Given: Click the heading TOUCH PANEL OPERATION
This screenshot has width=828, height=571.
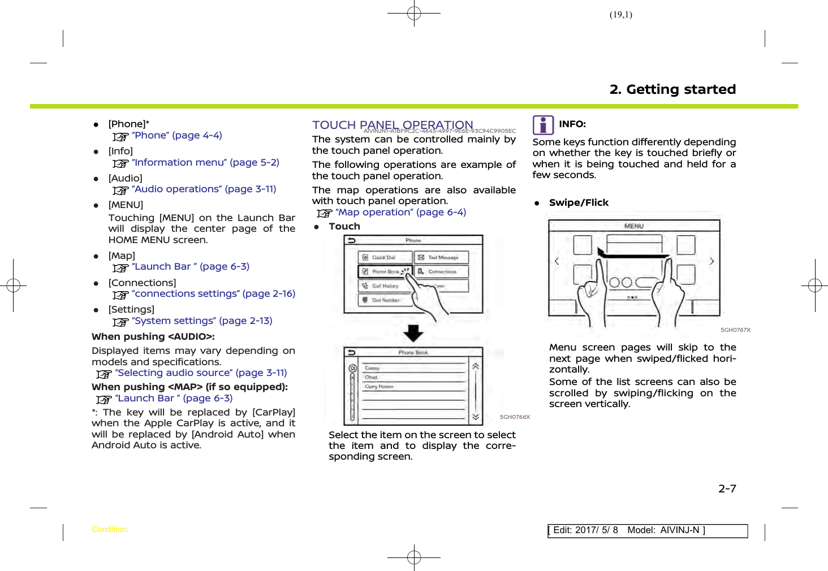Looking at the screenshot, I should (x=393, y=125).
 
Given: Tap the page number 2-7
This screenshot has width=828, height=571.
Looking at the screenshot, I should (x=727, y=488).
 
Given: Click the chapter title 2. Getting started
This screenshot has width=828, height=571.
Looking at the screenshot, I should (x=672, y=89).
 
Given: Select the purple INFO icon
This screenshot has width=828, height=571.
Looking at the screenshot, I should (x=543, y=125).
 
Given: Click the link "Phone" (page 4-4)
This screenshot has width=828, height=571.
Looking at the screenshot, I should (x=176, y=136).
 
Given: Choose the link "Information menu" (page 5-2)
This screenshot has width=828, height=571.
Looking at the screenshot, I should (x=205, y=163).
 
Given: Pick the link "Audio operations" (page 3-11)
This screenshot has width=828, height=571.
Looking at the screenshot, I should (x=204, y=189).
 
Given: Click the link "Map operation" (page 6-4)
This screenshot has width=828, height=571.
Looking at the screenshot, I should (x=400, y=213).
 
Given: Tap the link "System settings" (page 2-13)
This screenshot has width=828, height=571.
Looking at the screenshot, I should (x=202, y=321).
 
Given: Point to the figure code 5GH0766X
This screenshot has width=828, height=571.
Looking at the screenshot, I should (x=515, y=417).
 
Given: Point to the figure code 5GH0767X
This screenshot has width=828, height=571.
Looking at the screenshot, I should (x=735, y=330).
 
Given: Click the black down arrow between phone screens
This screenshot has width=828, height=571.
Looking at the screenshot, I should (x=413, y=333).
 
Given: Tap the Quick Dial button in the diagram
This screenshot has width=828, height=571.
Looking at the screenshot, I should (x=385, y=257).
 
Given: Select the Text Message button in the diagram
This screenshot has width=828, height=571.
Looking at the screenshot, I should (x=442, y=257).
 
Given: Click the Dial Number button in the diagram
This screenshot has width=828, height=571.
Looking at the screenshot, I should (x=385, y=300).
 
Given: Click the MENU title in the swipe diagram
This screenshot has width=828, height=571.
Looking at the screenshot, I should (x=633, y=226).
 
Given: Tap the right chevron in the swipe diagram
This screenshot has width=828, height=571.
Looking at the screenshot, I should (x=711, y=261).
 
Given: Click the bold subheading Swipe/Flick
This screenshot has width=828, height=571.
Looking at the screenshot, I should (x=579, y=203).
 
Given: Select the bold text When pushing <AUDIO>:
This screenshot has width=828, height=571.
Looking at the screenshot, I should (x=153, y=337).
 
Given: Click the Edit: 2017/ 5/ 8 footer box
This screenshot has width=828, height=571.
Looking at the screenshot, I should (x=647, y=530).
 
